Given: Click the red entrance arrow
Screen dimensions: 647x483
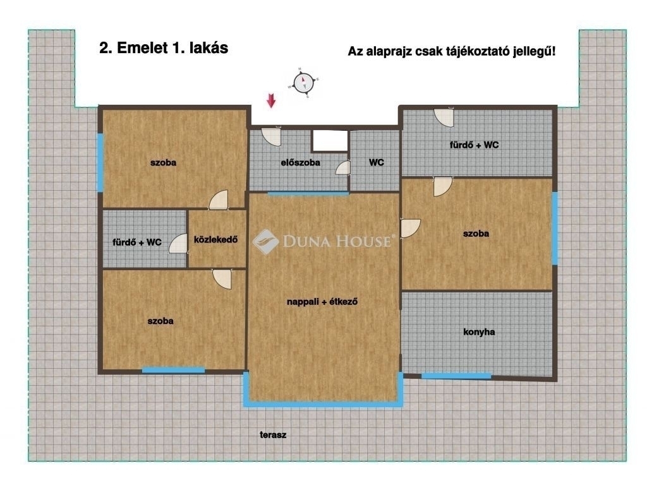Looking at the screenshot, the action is pos(271,100).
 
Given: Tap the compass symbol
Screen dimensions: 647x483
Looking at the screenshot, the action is pos(303,82).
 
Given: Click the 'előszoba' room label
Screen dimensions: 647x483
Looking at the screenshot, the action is pos(300,162).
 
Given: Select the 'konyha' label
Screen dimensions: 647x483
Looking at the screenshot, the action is pos(479,332).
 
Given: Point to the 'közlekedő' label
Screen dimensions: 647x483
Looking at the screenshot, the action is pos(216,240).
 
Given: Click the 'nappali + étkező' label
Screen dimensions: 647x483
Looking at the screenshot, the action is pos(322,302).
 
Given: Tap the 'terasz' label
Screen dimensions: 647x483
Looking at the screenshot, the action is pos(273,435).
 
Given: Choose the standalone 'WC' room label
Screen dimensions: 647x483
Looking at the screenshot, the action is pos(377,162).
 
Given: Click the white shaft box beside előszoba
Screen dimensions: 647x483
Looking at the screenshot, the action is pos(330,141).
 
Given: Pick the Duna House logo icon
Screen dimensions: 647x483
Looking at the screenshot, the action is pos(266,242).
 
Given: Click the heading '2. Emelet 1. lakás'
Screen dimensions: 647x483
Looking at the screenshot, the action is pos(164,48).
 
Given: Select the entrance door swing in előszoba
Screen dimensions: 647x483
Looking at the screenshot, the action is pos(271,136).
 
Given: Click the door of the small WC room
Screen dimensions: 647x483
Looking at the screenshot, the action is pos(343,167).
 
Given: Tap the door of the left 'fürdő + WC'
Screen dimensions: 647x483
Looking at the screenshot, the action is pos(178,243).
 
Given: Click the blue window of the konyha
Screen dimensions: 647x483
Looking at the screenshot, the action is pos(456,376).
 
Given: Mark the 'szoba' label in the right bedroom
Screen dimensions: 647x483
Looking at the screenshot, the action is pos(476,234).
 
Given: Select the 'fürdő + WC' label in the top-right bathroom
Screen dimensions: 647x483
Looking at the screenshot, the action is pos(474,145).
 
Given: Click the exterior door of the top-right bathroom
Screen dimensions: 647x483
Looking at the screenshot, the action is pos(444,117).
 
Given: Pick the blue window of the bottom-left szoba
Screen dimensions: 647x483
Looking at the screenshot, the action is pos(173,371).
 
